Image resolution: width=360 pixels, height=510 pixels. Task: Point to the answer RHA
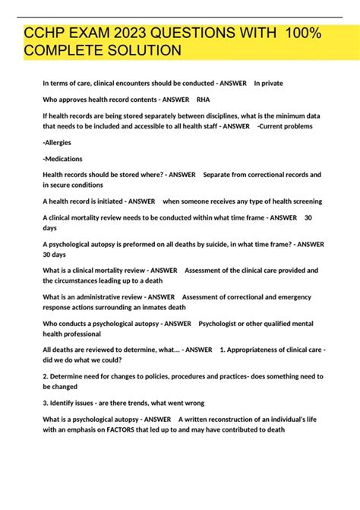click(203, 99)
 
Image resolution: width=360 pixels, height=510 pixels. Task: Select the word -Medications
click(63, 158)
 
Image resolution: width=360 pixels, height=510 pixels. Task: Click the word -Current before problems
click(274, 126)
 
